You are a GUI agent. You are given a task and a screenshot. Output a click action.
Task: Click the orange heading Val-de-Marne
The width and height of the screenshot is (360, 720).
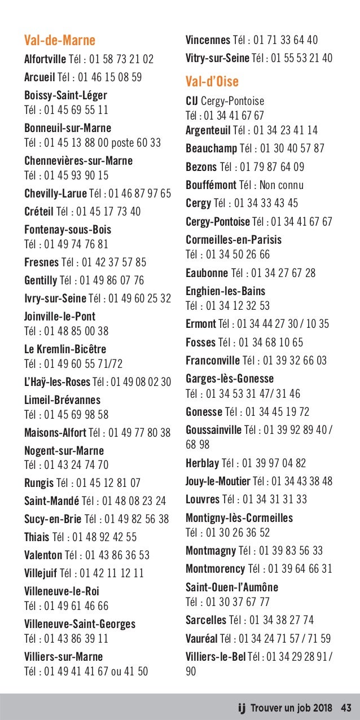click(60, 41)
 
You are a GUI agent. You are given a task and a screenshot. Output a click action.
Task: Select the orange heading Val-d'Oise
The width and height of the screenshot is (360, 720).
click(212, 82)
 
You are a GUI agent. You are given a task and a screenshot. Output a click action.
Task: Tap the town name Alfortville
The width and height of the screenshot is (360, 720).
click(45, 59)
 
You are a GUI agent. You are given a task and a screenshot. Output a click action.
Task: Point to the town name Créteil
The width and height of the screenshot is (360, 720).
click(39, 212)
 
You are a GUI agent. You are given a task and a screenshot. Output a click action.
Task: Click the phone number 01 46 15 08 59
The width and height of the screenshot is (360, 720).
click(109, 77)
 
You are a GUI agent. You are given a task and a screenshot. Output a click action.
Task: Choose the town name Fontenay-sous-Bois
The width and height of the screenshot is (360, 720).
click(68, 230)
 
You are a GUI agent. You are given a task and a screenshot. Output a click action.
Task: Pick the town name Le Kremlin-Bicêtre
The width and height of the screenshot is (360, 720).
click(65, 349)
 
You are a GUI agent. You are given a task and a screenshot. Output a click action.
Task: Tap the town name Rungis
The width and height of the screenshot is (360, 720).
click(39, 483)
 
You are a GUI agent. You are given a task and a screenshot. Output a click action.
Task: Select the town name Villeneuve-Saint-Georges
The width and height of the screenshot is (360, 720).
click(80, 624)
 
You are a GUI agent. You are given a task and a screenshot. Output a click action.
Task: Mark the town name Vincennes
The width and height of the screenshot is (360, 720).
click(208, 40)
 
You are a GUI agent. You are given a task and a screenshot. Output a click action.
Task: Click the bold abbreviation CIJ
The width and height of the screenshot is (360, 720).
click(192, 102)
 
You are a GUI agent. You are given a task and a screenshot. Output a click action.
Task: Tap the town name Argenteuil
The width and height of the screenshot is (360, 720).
click(208, 131)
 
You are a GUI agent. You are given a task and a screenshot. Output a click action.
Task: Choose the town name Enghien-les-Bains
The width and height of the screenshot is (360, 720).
click(225, 291)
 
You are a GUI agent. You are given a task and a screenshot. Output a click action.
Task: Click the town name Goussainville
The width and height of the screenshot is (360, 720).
click(213, 430)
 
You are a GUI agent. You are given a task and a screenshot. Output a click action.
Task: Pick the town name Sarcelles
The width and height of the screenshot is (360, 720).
click(206, 620)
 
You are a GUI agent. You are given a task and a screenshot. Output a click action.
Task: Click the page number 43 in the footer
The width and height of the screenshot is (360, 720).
click(346, 707)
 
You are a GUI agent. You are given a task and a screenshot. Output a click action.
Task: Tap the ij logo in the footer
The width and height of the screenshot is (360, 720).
click(242, 706)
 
